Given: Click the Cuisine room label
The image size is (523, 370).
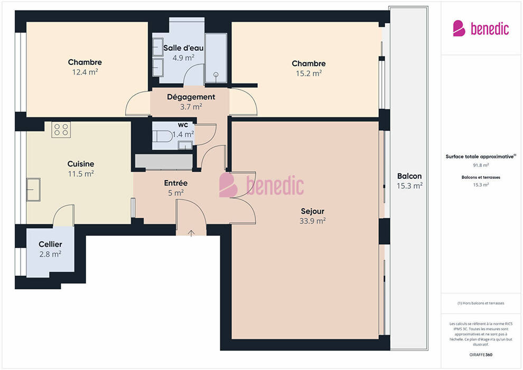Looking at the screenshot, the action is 81,164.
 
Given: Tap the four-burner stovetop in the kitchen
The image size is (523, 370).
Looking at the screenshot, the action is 61,130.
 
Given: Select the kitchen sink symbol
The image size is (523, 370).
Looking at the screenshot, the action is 33,190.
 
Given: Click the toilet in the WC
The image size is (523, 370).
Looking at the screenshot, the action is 162,136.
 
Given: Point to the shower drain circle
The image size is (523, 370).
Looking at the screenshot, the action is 216,75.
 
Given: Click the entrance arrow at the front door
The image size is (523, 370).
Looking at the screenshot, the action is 191,233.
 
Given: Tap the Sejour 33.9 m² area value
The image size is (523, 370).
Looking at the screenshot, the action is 313,221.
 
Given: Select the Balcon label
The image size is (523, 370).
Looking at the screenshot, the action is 409,176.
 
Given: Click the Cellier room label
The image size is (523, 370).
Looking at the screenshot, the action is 50,244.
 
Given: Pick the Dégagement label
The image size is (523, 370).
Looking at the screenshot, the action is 191,97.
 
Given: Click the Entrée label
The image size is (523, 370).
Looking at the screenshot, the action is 176,183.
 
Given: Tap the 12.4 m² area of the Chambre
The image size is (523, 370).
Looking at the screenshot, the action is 85,72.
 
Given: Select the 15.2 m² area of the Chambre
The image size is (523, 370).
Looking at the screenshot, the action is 309,73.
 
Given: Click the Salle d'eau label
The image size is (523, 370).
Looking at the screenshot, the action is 183,48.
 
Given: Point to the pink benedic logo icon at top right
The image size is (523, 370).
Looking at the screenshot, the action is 459,29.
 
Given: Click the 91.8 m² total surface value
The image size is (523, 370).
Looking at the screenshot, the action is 481,165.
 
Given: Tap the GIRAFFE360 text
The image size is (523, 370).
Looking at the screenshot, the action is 481,355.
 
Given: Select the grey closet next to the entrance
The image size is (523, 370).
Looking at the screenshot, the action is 164,162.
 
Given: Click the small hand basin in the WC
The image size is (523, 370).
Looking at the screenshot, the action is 185,145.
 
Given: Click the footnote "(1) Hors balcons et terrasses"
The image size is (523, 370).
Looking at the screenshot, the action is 481,303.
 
